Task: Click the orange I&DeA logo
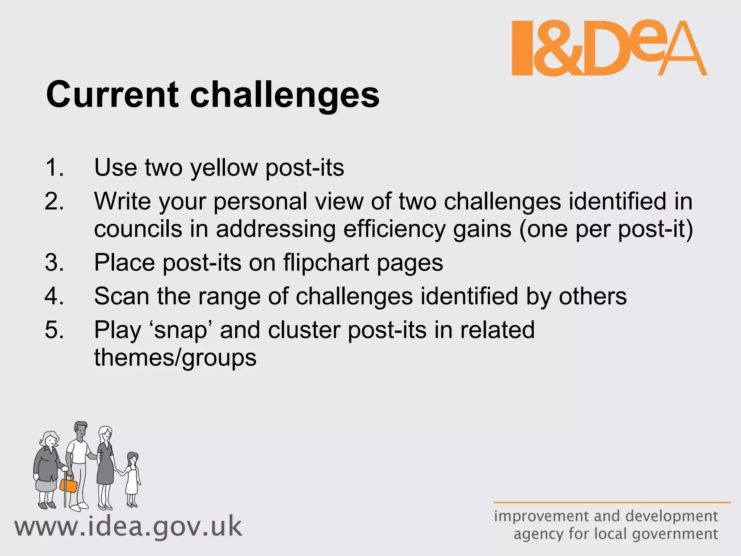point(609,48)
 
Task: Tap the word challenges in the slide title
point(285,95)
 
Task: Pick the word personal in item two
point(261,202)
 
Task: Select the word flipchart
point(326,262)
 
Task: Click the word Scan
point(122,296)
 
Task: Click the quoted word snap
point(181,330)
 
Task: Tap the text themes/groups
point(175,358)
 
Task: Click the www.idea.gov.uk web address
point(128,527)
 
